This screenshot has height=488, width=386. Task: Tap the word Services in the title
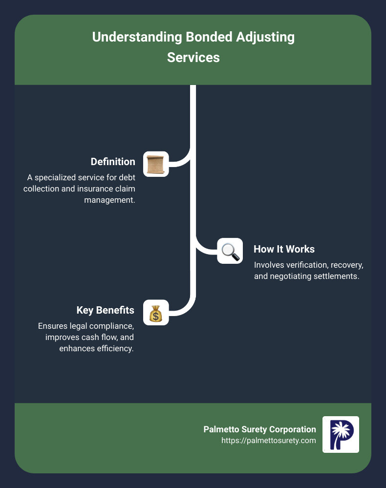point(193,57)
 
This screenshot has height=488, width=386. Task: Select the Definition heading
point(113,161)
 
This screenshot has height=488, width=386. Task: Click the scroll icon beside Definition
point(156,164)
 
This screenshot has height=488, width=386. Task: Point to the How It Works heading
point(284,249)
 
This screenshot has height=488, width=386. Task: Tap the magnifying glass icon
point(230,251)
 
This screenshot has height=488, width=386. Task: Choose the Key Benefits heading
point(106,310)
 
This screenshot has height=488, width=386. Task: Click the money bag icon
point(156,313)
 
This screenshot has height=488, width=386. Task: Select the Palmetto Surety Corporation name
point(259,429)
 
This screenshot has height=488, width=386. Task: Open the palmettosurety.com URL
point(268,441)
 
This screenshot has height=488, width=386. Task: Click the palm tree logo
point(341,434)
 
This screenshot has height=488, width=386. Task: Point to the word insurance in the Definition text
point(93,189)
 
